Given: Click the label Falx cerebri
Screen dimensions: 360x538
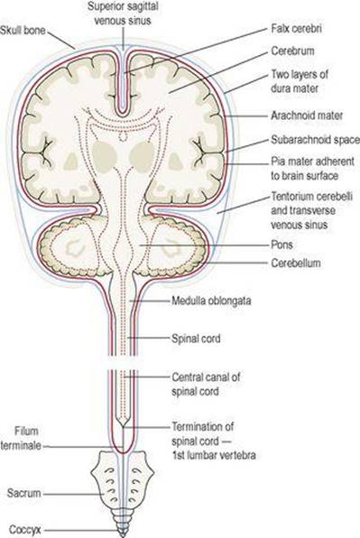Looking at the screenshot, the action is pos(296,28).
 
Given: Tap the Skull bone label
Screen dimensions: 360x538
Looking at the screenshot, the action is pos(23,30).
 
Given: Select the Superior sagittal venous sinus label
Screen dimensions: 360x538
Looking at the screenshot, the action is pos(123,14).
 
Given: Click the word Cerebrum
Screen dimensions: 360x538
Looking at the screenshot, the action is pos(292,51).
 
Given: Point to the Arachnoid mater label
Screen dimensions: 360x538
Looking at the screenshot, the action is pos(307,116).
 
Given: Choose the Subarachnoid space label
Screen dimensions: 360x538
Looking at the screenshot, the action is pos(315,140).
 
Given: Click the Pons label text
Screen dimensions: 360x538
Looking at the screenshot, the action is pos(282,245).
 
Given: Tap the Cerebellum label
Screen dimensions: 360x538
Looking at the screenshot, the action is pos(296,264).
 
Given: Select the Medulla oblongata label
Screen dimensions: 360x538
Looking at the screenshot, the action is pos(211,301).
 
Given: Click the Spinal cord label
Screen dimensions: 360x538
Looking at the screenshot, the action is pos(196,339).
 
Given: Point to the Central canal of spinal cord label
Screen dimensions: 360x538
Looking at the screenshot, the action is pos(206,384).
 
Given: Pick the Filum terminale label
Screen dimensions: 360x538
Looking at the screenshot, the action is pos(22,439).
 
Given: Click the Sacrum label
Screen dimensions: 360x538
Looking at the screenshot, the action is pos(24,494).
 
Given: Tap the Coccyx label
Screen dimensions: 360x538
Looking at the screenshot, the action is pos(25,529).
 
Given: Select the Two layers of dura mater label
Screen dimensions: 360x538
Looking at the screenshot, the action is pos(300,81).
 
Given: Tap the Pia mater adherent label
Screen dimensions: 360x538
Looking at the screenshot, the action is pos(312,162).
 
